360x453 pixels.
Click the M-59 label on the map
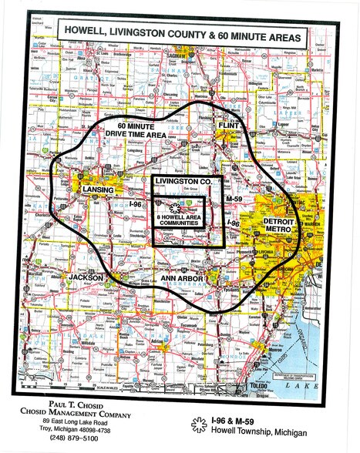coord(234,199)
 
